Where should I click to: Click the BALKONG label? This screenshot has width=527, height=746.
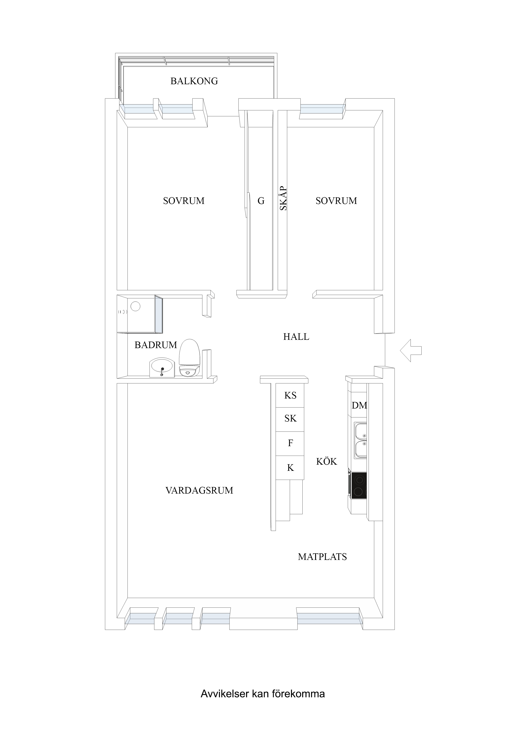(x=194, y=81)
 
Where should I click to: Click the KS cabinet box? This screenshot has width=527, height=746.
(x=290, y=395)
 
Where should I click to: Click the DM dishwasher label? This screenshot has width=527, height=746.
(x=359, y=405)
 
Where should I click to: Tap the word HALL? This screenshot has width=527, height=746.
(x=296, y=337)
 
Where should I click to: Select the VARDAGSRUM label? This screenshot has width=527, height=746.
(x=199, y=490)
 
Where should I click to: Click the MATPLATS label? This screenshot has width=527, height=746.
(x=322, y=557)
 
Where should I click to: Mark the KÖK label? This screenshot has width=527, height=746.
(x=327, y=461)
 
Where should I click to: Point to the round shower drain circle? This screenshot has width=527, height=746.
(x=135, y=306)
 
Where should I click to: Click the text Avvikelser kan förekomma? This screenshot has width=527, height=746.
(x=263, y=694)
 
